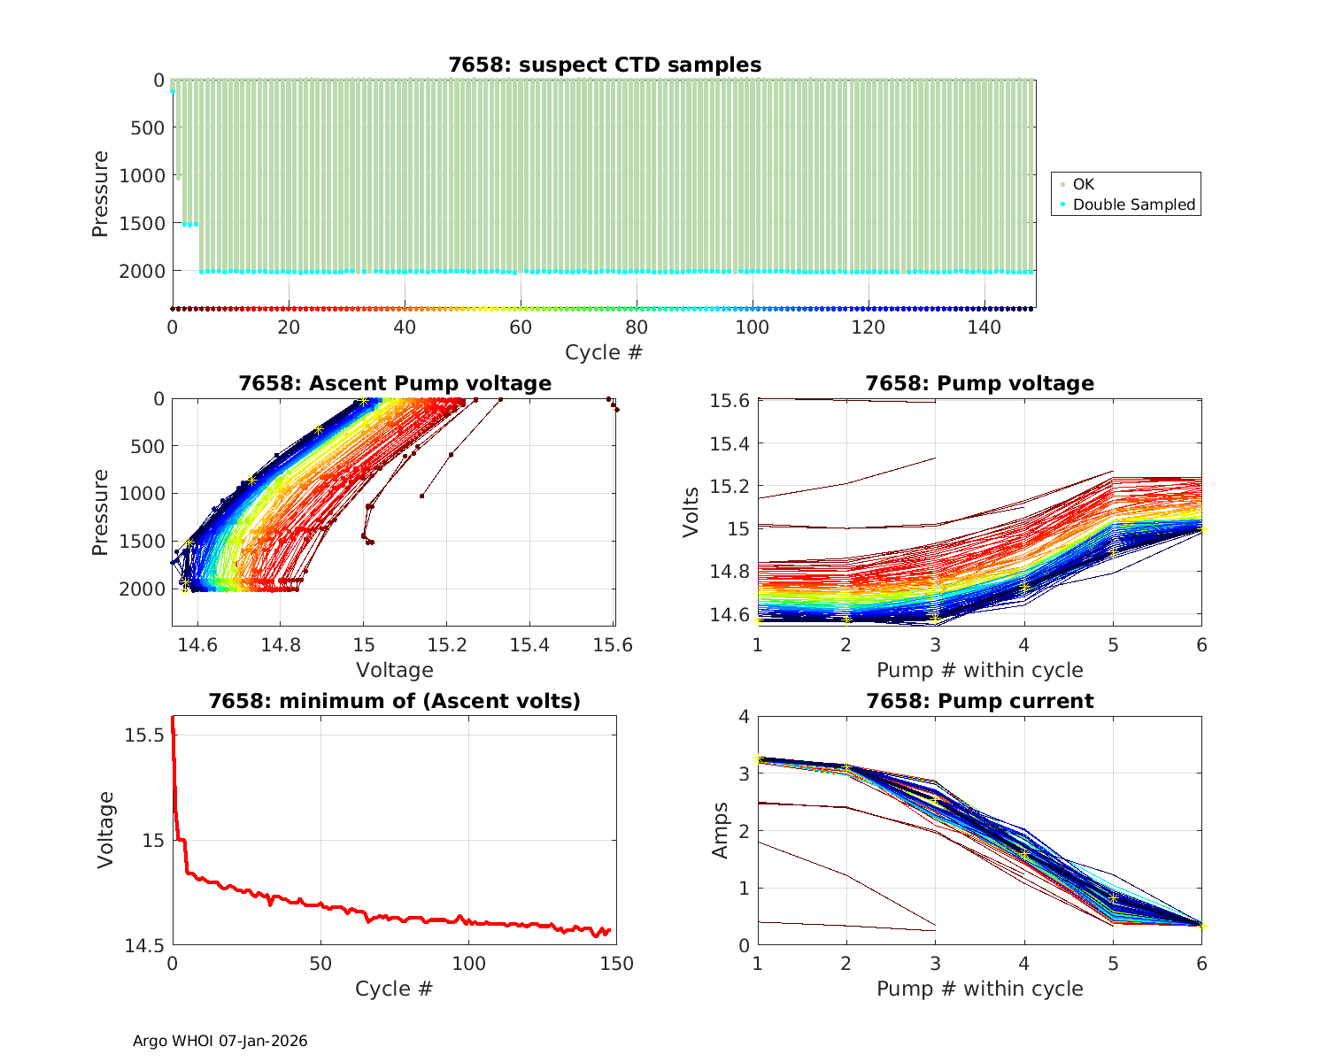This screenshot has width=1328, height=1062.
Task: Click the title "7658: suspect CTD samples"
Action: pos(605,65)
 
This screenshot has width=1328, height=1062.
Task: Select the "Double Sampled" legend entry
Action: pos(1133,204)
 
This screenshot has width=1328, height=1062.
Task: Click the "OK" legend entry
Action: pos(1083,184)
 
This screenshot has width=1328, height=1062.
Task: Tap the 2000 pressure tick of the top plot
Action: pos(142,271)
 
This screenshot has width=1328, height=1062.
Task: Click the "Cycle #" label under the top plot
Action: pos(604,352)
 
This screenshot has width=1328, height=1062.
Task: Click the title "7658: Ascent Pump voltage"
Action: pos(395,383)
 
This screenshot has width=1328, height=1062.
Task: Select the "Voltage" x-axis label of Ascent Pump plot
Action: pos(395,670)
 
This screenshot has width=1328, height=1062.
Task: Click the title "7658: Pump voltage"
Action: pos(979,383)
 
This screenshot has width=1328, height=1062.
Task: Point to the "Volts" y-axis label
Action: pos(691,512)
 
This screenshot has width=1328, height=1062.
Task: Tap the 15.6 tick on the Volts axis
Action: pos(730,401)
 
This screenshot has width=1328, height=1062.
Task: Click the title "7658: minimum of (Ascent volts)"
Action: pos(395,701)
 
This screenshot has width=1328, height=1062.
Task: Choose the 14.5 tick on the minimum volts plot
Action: pos(143,946)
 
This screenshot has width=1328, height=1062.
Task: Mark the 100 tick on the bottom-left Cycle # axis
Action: pos(468,964)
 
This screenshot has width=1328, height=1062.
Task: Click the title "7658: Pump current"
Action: pos(979,701)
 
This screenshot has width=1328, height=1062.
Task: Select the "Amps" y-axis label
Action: pos(722,830)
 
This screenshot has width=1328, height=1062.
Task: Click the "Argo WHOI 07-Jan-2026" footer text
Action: pos(220,1041)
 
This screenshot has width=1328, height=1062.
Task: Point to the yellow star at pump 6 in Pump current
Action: pos(1201,927)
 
